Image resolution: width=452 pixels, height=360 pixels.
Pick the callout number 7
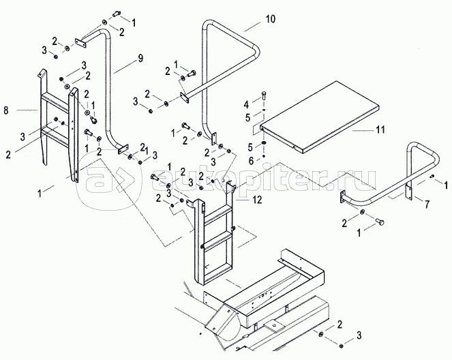coord(426,204)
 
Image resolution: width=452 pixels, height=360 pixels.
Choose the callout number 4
coord(247,104)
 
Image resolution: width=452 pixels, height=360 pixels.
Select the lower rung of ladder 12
coord(220,238)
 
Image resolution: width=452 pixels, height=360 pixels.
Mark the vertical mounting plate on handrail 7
coord(408,190)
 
